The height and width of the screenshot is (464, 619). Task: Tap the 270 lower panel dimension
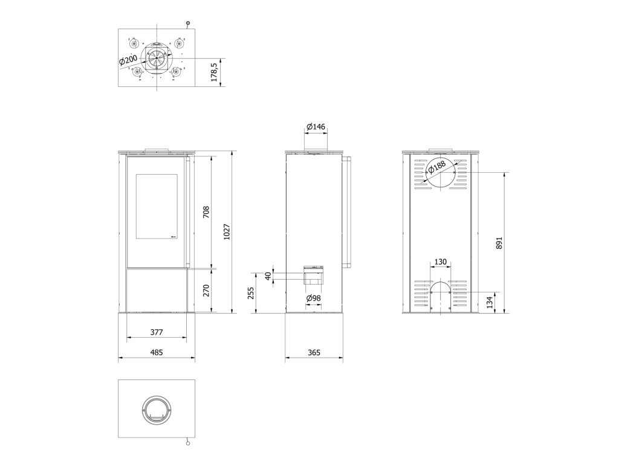(206, 291)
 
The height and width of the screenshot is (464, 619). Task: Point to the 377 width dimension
(157, 332)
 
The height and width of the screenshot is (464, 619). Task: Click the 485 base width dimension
(157, 352)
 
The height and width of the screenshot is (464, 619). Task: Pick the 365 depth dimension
(314, 352)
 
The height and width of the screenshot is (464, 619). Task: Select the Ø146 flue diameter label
(316, 127)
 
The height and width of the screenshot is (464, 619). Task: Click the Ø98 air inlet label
(314, 298)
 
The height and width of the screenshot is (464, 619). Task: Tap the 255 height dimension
(251, 293)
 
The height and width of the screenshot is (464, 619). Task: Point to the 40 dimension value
(268, 275)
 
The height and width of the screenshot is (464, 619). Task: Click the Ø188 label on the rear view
(436, 167)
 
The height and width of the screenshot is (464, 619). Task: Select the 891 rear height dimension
(499, 243)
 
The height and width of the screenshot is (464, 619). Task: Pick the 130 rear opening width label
(440, 262)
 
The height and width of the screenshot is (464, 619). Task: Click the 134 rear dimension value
(490, 302)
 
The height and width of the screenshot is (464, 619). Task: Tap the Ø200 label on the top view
(128, 60)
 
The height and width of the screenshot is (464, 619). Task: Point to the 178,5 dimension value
(215, 72)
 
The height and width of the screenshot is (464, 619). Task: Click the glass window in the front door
(157, 206)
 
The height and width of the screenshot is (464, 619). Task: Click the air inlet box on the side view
(313, 275)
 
